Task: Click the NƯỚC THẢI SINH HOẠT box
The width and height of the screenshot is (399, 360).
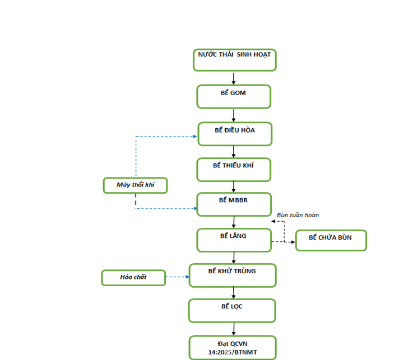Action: pos(235,60)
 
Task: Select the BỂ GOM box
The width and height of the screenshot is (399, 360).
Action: pos(234,97)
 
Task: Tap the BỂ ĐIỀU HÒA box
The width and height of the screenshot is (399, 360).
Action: pos(235,134)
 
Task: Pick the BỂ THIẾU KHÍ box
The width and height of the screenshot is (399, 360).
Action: pos(234,170)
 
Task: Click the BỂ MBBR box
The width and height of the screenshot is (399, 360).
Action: pos(234,204)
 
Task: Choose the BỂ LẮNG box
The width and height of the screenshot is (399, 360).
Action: pos(234,240)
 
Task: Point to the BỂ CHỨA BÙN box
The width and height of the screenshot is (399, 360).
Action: pos(331,241)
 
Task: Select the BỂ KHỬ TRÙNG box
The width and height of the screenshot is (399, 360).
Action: pos(233,275)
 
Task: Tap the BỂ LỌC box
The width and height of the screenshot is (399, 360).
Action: pos(232,311)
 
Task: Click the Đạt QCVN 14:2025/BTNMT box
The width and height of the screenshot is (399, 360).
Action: pos(233,348)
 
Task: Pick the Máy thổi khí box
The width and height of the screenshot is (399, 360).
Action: pos(136,185)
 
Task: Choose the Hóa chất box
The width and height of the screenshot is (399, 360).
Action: pos(133,278)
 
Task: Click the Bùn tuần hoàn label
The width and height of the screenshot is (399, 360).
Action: pos(298,215)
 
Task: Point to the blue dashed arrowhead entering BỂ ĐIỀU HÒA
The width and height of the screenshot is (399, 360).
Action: pos(195,137)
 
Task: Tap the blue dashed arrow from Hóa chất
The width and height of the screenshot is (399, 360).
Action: pos(177,277)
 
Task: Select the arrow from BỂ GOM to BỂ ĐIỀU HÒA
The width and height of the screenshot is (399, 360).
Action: pos(234,115)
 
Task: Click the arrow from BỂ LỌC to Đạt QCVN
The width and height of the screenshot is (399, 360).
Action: pos(234,329)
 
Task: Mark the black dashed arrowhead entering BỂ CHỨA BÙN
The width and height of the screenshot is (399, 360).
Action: pos(293,242)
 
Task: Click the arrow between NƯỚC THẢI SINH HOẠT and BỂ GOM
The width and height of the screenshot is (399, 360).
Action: pos(234,78)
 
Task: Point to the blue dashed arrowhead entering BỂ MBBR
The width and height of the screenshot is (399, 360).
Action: pos(196,208)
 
